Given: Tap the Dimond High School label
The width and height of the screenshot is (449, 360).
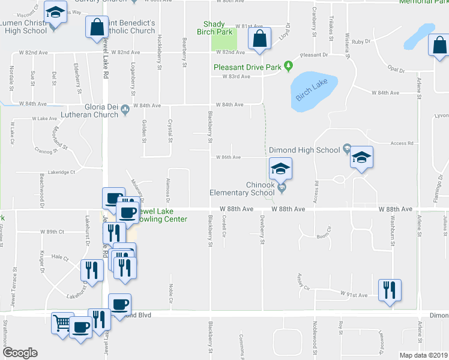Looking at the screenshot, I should [x=304, y=150].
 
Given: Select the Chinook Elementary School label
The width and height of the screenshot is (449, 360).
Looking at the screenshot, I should [x=242, y=189].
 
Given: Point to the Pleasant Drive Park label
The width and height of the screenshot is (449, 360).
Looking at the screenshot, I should [x=248, y=67].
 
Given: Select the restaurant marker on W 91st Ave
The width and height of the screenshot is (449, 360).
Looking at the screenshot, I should [x=389, y=290].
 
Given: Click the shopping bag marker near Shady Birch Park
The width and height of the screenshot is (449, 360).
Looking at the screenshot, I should [x=259, y=39].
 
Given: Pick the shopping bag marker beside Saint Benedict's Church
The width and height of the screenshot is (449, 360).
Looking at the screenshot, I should [x=97, y=27].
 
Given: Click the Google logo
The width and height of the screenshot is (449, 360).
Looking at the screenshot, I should [x=19, y=353].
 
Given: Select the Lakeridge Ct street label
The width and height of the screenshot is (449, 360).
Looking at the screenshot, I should [x=61, y=172].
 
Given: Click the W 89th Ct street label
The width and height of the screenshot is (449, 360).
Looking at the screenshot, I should [x=52, y=231].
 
